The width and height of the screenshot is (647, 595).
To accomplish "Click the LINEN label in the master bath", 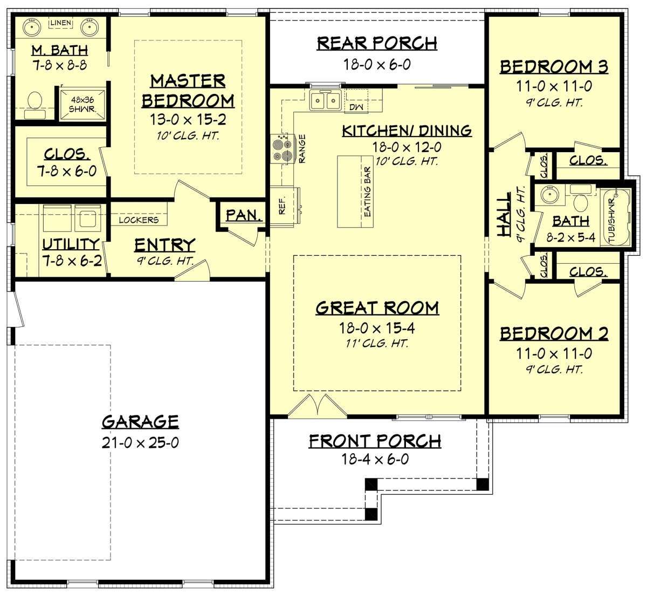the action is pos(60,23).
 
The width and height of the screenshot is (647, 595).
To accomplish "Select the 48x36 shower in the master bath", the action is pos(83,104).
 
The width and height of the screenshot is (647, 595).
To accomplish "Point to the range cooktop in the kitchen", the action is pos(283,149).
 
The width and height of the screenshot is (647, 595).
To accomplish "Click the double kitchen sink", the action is pos(326,100).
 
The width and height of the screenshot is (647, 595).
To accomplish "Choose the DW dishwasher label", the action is pos(356,107).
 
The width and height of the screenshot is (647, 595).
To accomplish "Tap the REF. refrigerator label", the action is pos(282,206).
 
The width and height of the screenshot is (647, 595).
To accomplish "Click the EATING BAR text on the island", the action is pos(367,192).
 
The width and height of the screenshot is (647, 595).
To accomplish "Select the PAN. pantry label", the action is pos(244,215).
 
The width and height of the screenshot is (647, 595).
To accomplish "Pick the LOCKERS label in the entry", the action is pos(139,220).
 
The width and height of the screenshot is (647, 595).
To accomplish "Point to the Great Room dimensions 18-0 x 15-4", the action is pos(377,328).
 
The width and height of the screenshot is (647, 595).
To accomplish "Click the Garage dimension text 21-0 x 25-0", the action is pos(140,443).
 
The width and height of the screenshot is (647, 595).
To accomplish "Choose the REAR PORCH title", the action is pos(377,44).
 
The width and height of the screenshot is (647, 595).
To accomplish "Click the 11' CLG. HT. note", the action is pos(377,344).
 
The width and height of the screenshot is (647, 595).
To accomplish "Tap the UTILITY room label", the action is pos(71,244).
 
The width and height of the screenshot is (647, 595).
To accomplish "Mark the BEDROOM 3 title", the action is pos(554,67).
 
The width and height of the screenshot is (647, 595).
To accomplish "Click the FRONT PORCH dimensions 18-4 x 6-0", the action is pos(375,459).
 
